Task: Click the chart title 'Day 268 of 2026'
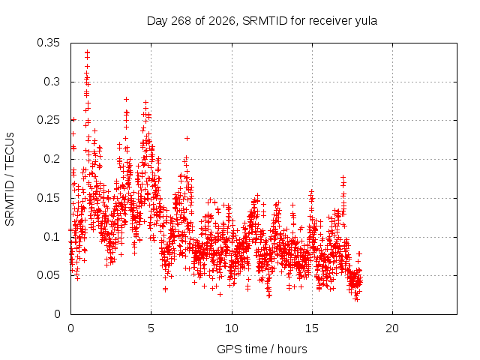(x=191, y=21)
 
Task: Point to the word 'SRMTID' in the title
(x=265, y=21)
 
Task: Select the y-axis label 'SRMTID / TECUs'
(x=10, y=179)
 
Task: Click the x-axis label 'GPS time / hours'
(x=262, y=349)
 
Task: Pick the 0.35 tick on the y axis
(x=48, y=43)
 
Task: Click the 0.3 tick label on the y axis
(x=52, y=82)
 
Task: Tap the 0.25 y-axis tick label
(x=48, y=120)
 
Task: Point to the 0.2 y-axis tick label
(x=52, y=159)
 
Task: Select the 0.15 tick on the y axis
(x=48, y=198)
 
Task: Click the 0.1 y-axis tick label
(x=52, y=237)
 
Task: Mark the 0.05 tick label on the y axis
(x=48, y=275)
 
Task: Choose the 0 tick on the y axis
(x=57, y=314)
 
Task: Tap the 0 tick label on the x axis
(x=70, y=328)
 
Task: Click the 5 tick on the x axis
(x=151, y=328)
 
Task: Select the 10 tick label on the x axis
(x=232, y=328)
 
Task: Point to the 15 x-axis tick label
(x=312, y=328)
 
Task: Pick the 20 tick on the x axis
(x=392, y=328)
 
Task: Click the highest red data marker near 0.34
(x=88, y=52)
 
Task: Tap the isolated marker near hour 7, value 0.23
(x=187, y=138)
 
